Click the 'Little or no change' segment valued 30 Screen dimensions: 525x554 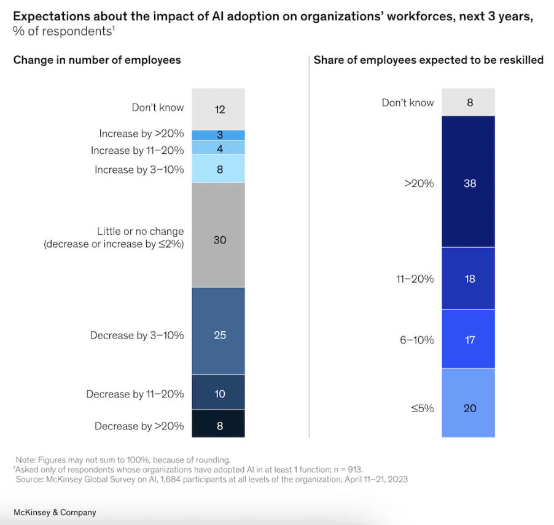click(x=219, y=234)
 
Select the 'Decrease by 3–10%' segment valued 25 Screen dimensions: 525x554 click(x=219, y=331)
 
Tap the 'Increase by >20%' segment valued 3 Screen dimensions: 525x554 click(x=219, y=135)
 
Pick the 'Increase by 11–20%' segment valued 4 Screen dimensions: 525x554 click(x=219, y=147)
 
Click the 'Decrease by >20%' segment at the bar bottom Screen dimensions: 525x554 click(x=219, y=424)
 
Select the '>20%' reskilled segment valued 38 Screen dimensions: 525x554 click(x=469, y=183)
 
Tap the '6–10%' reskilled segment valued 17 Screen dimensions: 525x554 click(x=469, y=339)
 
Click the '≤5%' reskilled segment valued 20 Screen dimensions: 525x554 click(x=469, y=403)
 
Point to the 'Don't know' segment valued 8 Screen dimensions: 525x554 click(x=469, y=102)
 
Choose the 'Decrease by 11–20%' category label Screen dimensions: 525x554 click(x=135, y=394)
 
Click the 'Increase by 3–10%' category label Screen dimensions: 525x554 click(x=139, y=169)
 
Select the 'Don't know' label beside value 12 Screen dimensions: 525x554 click(x=157, y=107)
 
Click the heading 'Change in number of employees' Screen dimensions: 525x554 click(x=97, y=59)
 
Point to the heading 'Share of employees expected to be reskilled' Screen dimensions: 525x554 click(x=428, y=59)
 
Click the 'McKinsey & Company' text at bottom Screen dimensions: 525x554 click(x=55, y=512)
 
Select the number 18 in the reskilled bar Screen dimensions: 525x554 click(x=469, y=279)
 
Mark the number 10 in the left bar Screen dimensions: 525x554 click(x=219, y=394)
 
